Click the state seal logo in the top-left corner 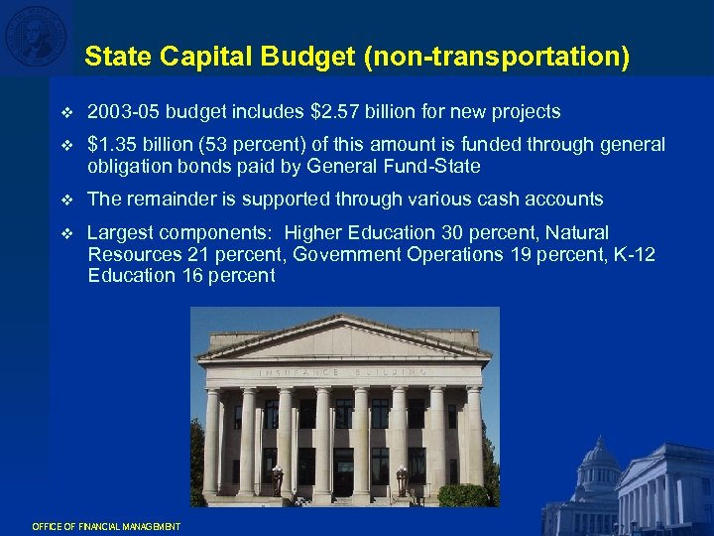tap(36, 36)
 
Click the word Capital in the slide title tap(193, 57)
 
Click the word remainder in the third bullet tap(171, 200)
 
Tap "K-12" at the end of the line tap(635, 254)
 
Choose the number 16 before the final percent tap(193, 276)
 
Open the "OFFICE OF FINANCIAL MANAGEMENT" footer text tap(106, 526)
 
